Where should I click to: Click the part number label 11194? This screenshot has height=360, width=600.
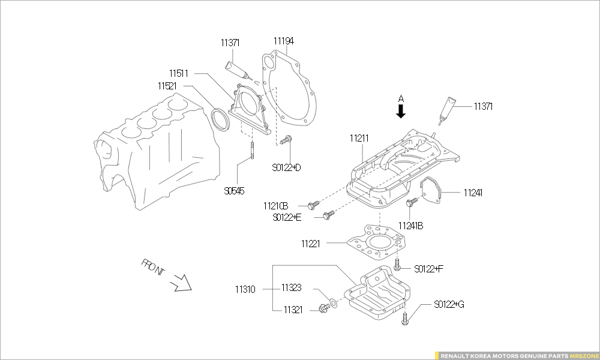pyautogui.click(x=284, y=41)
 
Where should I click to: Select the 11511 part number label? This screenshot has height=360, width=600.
pyautogui.click(x=178, y=74)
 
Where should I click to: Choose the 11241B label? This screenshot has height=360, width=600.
pyautogui.click(x=410, y=226)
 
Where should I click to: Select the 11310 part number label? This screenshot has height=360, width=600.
pyautogui.click(x=245, y=289)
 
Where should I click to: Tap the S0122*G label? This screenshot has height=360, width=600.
pyautogui.click(x=449, y=305)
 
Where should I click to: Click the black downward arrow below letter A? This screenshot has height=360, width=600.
pyautogui.click(x=401, y=110)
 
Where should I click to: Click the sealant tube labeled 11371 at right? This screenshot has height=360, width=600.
pyautogui.click(x=448, y=110)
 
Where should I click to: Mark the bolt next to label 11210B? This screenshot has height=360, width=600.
pyautogui.click(x=312, y=205)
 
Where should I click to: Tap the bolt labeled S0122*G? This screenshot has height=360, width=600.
pyautogui.click(x=406, y=319)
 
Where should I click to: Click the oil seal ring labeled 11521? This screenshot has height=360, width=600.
pyautogui.click(x=222, y=119)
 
